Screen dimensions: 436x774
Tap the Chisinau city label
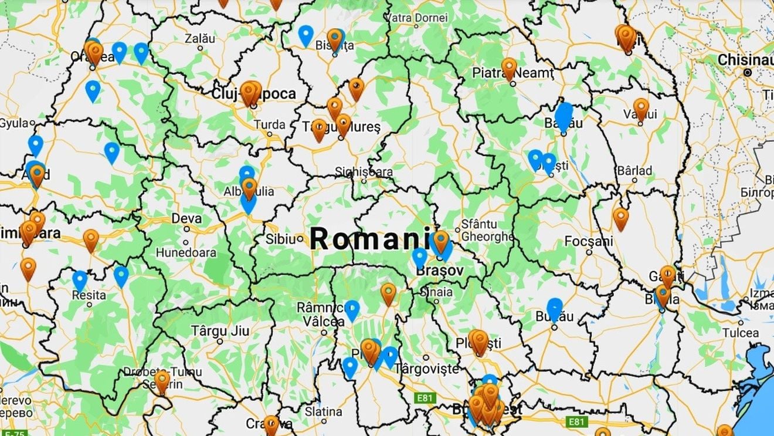point(745,59)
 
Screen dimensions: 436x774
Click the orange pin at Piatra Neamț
point(509,66)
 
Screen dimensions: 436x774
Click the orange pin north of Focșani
point(620,217)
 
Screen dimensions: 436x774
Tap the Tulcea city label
point(741,333)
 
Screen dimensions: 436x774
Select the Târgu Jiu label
point(220,331)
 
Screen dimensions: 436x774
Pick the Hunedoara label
point(186,253)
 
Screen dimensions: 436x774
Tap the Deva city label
point(186,219)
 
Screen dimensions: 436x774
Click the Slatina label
point(323,411)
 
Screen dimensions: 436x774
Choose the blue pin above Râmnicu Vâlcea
point(351,309)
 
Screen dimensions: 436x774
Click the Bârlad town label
point(634,171)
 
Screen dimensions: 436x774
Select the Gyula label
point(13,123)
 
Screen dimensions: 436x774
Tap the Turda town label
point(270,124)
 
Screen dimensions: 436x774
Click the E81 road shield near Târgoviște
point(426,398)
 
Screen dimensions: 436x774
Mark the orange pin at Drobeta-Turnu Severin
point(162,380)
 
